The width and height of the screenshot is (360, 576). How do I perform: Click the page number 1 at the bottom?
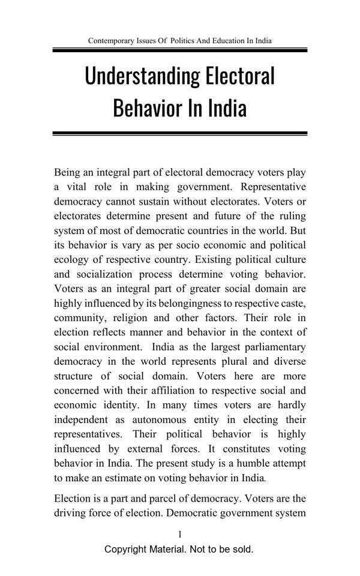180,534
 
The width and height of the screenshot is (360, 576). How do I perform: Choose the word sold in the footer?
242,549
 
